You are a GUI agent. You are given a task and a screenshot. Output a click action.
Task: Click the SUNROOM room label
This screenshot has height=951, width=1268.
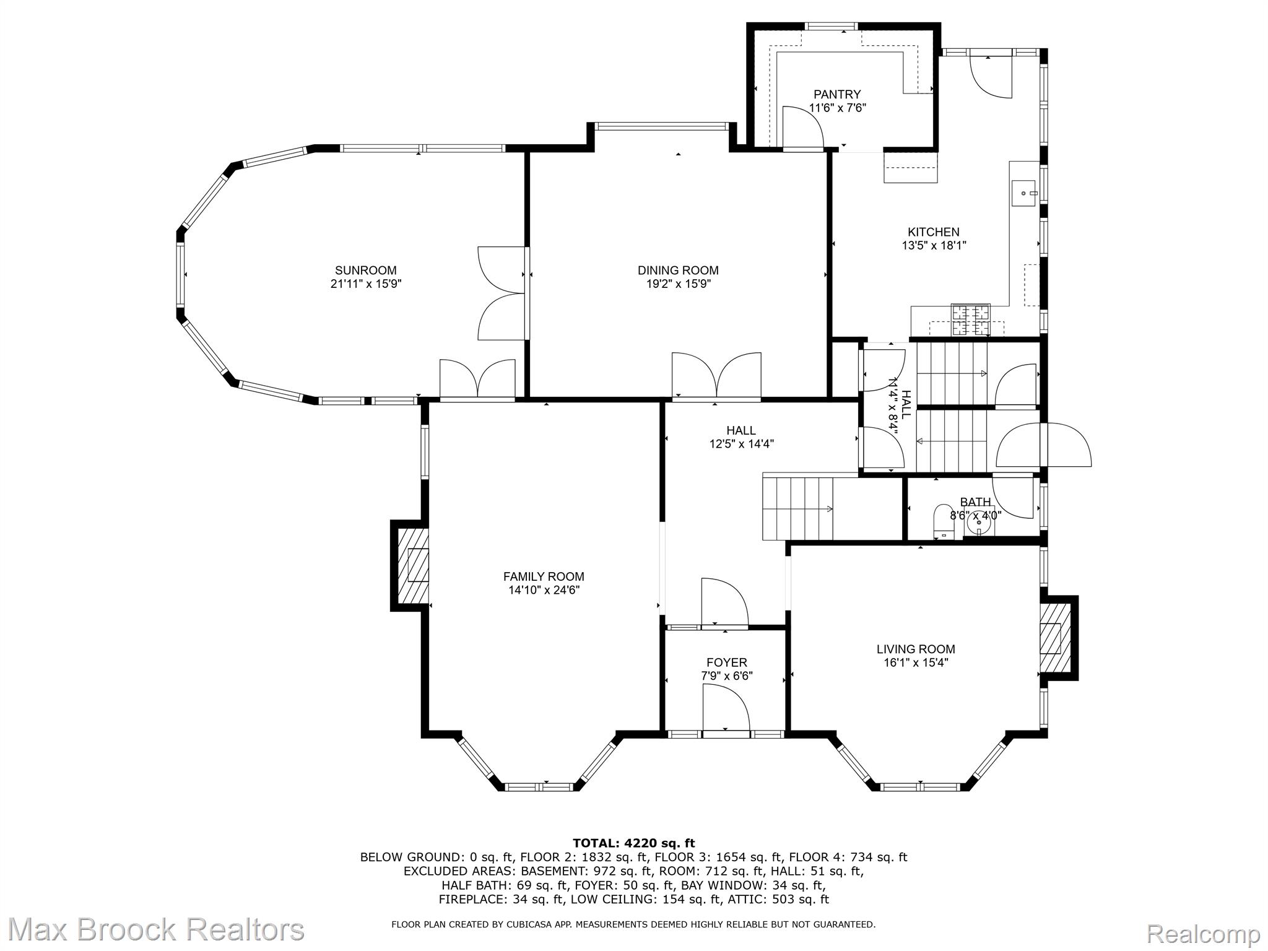(365, 271)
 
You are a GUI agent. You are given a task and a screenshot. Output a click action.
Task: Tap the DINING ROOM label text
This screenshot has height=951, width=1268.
(678, 271)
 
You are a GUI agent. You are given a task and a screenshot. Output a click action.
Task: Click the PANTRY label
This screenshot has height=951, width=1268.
(837, 95)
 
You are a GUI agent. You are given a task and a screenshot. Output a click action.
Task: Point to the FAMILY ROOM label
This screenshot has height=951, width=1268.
(544, 577)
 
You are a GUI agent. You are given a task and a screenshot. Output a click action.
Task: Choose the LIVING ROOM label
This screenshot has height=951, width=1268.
(916, 649)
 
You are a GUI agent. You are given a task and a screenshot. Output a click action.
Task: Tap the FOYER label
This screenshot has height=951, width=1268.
(727, 663)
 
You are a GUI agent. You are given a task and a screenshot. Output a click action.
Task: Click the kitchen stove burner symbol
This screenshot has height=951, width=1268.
(971, 320)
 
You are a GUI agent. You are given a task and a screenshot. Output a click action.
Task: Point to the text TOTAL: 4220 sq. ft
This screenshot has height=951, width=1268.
(634, 843)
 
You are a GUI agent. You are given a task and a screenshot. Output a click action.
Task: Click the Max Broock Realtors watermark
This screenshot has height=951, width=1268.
(155, 929)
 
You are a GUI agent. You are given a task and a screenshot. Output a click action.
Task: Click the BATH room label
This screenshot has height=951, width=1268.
(976, 502)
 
